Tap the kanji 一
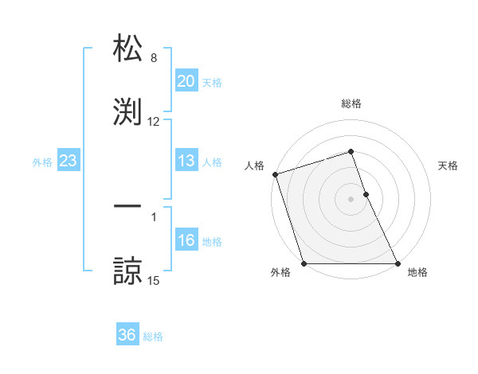coord(127,206)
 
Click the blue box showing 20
coord(186,81)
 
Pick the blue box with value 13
coord(186,161)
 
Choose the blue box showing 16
coord(186,240)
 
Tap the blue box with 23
coord(68,161)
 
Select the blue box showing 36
coord(127,335)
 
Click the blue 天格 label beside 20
coord(212,82)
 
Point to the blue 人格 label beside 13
coord(212,162)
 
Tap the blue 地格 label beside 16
coord(212,241)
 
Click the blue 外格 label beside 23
coord(42,162)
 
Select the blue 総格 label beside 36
coord(153,336)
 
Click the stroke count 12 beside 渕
coord(154,122)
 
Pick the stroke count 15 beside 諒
coord(154,280)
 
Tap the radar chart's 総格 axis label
coord(351,103)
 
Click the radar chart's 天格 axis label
coord(449,166)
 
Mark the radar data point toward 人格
coord(275,174)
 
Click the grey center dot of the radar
coord(351,199)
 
